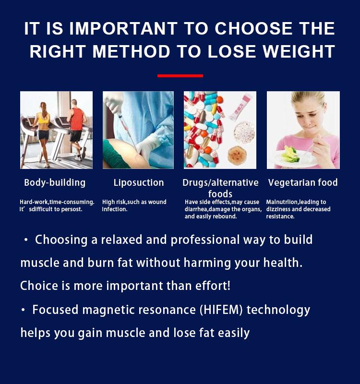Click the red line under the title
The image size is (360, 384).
[x=180, y=76]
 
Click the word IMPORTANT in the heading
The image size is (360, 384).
[x=123, y=28]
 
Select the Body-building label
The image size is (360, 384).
[x=55, y=183]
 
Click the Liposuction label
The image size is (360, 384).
[x=139, y=183]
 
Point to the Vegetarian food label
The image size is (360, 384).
[x=303, y=182]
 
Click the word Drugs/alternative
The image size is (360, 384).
[x=220, y=183]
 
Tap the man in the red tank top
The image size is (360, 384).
[x=77, y=129]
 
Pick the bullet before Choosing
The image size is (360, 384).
[x=26, y=240]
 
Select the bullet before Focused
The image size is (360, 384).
[x=23, y=310]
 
